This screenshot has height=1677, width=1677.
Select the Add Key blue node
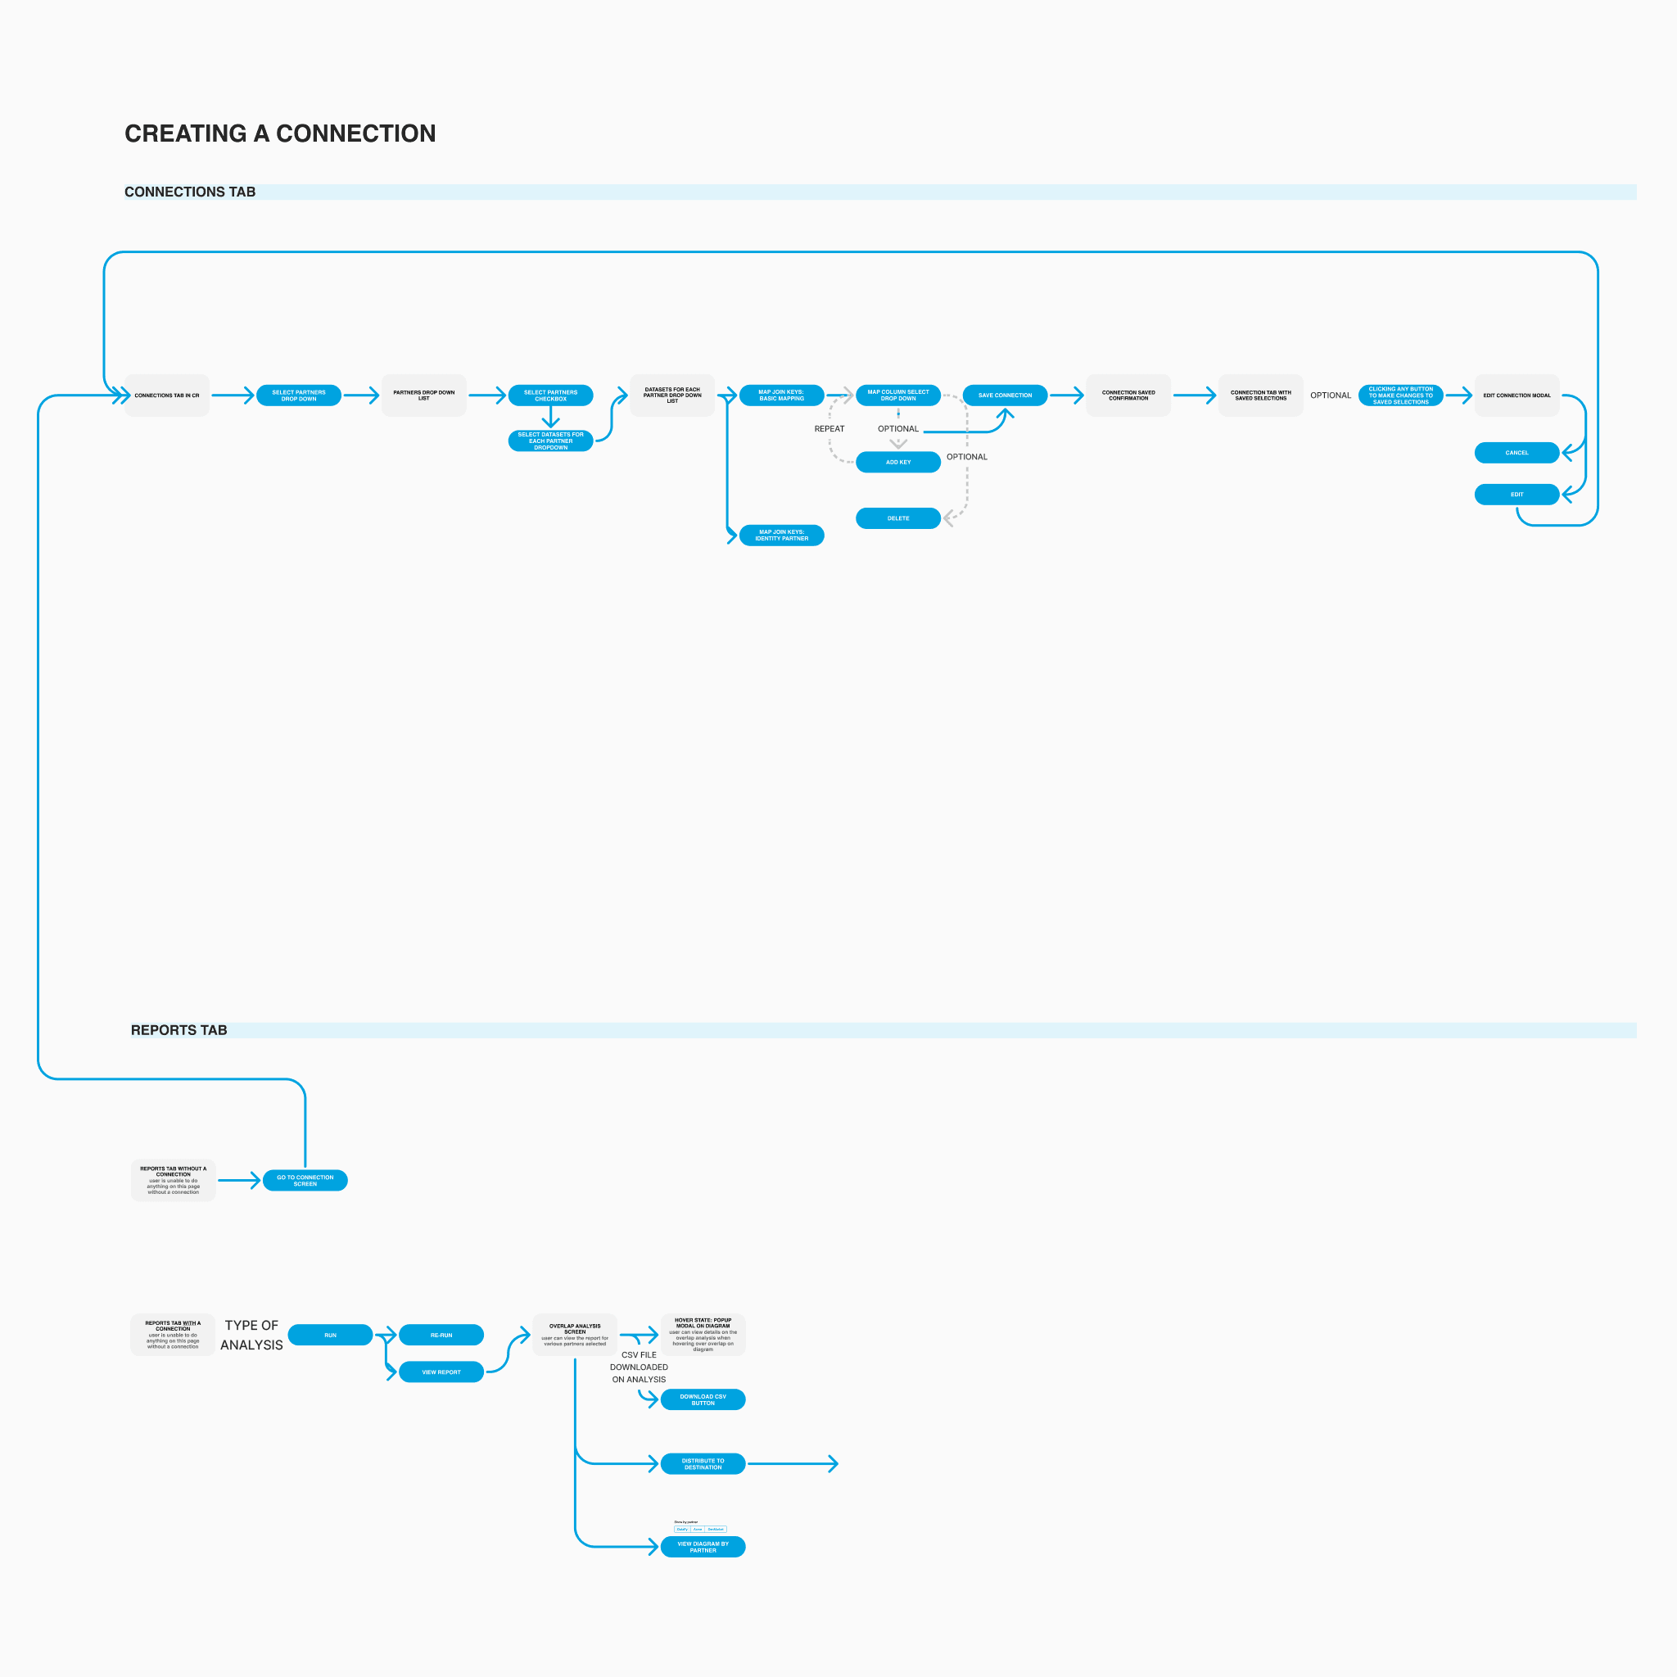(897, 462)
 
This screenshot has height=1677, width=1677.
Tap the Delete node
(897, 518)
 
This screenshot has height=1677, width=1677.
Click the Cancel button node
(1517, 452)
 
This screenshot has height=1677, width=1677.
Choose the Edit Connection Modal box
(1517, 395)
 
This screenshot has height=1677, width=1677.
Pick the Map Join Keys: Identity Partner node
(781, 536)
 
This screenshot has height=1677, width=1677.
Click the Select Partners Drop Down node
(299, 395)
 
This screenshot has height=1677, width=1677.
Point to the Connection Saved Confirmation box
(1128, 395)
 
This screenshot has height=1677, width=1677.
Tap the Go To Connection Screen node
(305, 1181)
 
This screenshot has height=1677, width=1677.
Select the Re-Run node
(441, 1335)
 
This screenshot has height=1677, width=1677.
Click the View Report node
(441, 1372)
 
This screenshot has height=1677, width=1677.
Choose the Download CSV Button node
(703, 1400)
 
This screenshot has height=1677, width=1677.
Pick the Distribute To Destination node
(703, 1464)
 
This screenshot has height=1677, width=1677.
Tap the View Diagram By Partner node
(703, 1547)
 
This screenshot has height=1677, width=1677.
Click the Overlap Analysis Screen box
(575, 1335)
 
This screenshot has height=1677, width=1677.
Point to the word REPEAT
(829, 429)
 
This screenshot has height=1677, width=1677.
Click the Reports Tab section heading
(179, 1030)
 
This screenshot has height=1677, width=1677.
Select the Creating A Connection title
(279, 133)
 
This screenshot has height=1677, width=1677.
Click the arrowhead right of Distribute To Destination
(834, 1464)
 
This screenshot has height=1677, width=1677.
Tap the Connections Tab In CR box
(167, 395)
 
